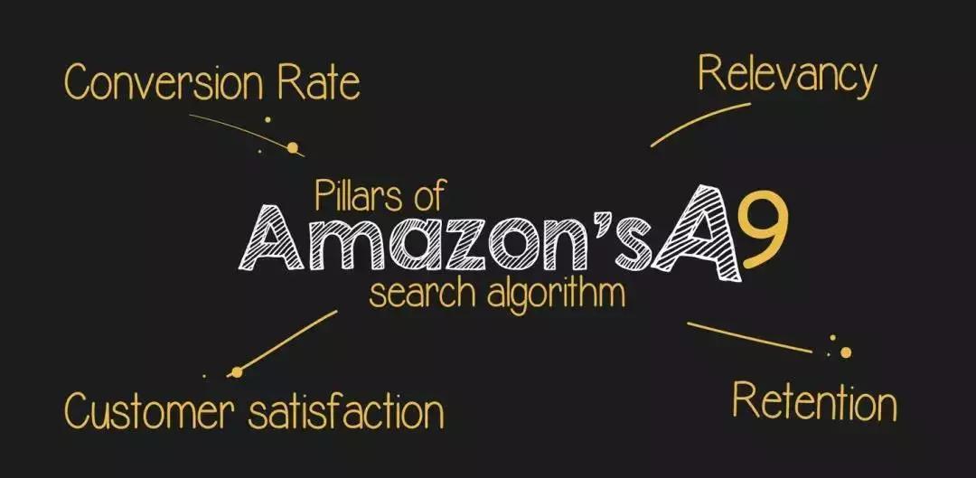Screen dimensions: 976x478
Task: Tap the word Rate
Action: point(319,83)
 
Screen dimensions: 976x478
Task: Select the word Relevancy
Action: point(787,76)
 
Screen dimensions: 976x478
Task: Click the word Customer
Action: point(150,411)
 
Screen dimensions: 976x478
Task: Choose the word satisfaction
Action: point(346,411)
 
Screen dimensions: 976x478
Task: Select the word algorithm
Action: point(556,295)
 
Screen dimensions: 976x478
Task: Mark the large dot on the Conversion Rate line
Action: point(292,147)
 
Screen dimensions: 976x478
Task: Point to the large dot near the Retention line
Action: point(845,352)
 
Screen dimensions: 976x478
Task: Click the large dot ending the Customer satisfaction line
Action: point(236,372)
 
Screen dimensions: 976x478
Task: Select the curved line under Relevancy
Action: point(700,124)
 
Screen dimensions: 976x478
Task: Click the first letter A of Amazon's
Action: point(271,238)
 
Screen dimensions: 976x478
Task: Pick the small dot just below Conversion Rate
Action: point(267,119)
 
